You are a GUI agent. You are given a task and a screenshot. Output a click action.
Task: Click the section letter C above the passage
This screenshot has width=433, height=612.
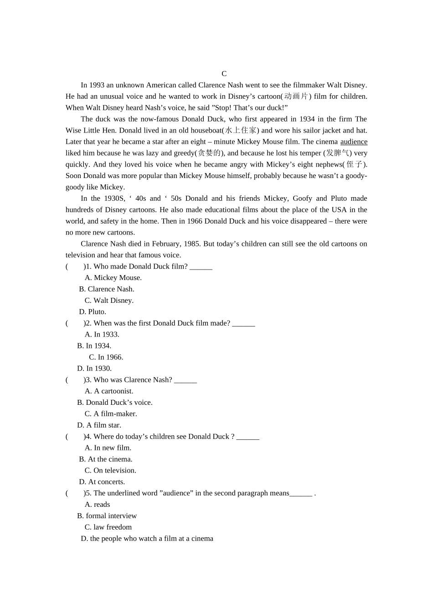[x=224, y=74]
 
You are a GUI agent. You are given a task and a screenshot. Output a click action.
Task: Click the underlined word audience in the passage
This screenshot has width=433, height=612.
[x=354, y=142]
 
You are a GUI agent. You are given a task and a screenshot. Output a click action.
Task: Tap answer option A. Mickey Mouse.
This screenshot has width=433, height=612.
[x=113, y=278]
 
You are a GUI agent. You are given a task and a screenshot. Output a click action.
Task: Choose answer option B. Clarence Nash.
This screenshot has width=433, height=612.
[x=107, y=289]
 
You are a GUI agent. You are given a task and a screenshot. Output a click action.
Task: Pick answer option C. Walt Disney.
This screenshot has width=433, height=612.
[x=109, y=301]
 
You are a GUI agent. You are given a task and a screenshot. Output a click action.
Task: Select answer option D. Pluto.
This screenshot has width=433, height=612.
[x=93, y=312]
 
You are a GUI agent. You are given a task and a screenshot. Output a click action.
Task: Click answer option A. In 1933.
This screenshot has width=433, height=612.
[x=102, y=335]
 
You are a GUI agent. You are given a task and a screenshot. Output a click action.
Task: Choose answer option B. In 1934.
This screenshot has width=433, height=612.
[x=94, y=346]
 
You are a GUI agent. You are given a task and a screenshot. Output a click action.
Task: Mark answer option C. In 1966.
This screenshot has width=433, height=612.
[x=106, y=357]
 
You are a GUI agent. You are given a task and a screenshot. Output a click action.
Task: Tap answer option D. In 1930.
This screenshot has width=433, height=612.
[x=94, y=369]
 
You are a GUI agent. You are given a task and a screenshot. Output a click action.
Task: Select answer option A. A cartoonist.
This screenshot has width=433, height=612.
[x=109, y=391]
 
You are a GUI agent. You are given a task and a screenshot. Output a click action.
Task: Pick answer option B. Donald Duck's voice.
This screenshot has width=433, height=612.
[x=115, y=403]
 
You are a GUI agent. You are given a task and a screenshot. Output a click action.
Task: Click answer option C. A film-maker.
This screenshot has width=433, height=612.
[x=111, y=414]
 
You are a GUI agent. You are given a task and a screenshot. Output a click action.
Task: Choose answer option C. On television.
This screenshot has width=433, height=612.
[x=110, y=470]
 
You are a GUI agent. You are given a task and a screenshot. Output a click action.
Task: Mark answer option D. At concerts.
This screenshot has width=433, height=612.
[x=102, y=482]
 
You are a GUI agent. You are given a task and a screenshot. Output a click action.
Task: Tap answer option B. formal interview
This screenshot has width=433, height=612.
[x=107, y=516]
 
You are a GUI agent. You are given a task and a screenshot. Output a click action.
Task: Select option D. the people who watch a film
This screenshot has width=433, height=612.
[x=147, y=539]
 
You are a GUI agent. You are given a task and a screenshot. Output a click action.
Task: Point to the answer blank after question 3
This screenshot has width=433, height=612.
[x=186, y=380]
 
